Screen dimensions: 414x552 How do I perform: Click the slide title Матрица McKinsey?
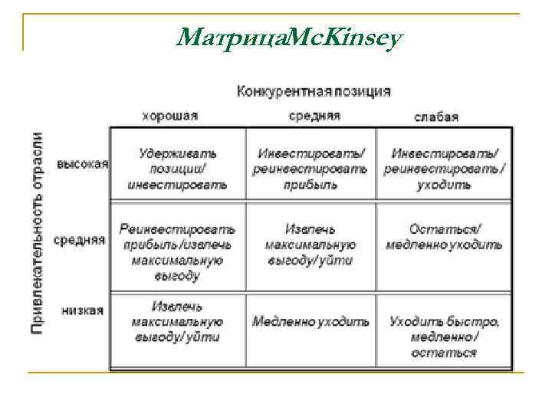[x=287, y=35]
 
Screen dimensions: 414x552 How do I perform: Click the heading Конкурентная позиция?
[x=313, y=91]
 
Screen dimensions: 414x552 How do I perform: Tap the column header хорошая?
[x=169, y=116]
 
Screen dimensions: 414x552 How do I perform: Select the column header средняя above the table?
[x=314, y=116]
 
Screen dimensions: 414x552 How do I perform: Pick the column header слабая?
[x=436, y=117]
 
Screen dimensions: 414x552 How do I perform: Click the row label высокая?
[x=83, y=165]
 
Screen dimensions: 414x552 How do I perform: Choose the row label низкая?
[x=83, y=310]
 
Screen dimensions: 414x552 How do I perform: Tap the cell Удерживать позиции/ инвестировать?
[x=177, y=169]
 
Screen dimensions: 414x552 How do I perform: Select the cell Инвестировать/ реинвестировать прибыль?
[x=310, y=169]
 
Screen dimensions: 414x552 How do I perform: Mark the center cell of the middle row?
[x=310, y=245]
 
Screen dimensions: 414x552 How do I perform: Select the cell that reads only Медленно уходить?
[x=310, y=321]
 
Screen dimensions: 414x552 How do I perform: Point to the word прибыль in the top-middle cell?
[x=310, y=185]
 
